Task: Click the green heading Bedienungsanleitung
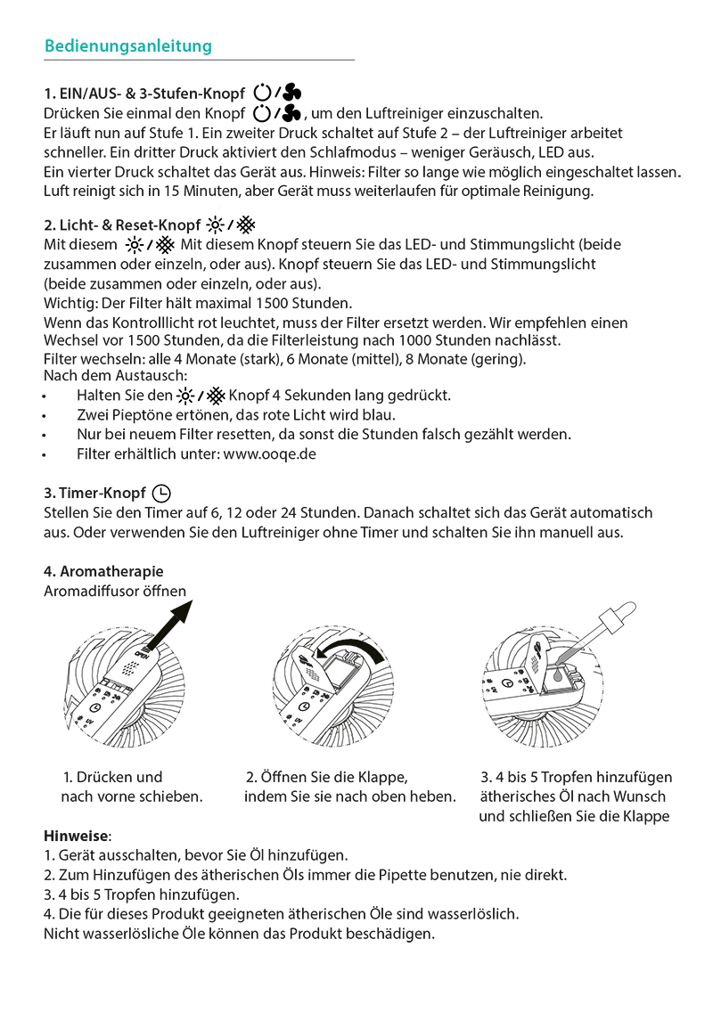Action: tap(127, 45)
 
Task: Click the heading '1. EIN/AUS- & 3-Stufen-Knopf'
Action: tap(144, 94)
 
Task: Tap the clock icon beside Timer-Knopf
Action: tap(161, 493)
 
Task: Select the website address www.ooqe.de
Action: tap(269, 453)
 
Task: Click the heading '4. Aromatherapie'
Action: tap(103, 571)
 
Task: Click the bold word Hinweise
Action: tap(77, 836)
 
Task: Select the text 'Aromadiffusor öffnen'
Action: tap(115, 591)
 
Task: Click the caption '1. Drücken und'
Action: tap(113, 778)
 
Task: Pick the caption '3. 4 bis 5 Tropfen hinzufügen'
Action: tap(576, 778)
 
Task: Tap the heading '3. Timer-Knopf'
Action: tap(94, 494)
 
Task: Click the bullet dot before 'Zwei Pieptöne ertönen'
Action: tap(45, 415)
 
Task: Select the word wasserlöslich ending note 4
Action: tap(473, 914)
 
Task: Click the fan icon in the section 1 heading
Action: tap(293, 93)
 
